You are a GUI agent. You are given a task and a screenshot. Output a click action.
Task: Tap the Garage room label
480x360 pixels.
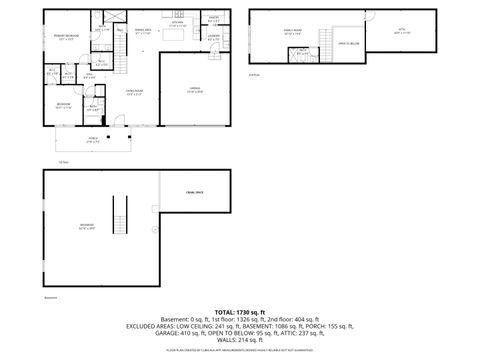(196, 89)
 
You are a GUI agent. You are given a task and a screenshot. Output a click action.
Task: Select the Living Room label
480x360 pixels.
(131, 91)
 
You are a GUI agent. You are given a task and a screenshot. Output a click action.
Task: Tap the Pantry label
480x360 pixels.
(214, 18)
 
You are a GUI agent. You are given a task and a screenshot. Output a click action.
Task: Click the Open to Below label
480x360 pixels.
(348, 43)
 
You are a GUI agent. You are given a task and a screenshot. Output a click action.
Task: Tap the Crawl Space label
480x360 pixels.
(194, 191)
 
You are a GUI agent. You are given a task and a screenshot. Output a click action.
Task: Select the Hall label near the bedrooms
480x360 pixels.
(88, 75)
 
